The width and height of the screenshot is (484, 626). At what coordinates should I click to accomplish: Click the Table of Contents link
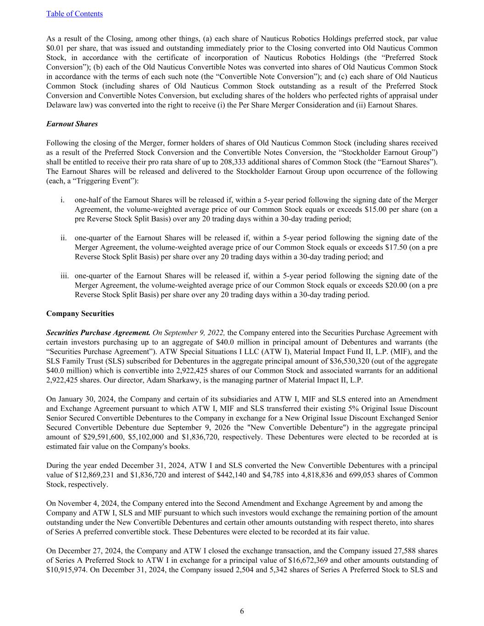(x=74, y=14)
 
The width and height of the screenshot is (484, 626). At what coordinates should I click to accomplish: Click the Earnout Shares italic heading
(x=72, y=124)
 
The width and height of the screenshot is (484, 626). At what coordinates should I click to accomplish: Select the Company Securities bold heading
(x=80, y=314)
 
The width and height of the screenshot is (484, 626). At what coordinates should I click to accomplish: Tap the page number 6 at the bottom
(x=242, y=611)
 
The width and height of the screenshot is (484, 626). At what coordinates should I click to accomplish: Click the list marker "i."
(x=62, y=200)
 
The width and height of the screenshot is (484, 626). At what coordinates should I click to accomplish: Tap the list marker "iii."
(x=65, y=276)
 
